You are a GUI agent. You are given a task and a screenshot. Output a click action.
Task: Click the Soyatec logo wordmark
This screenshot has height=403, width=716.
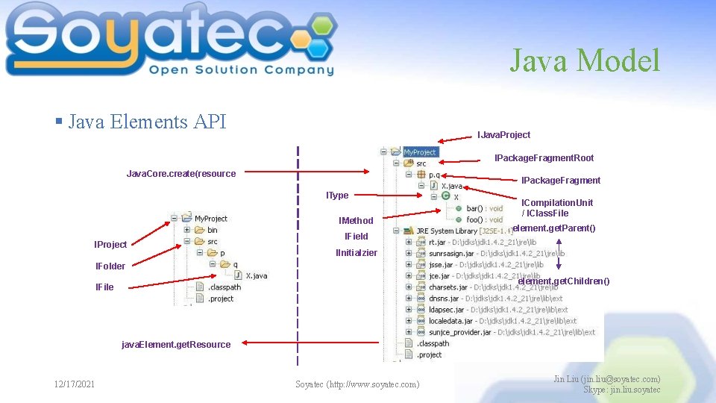(x=172, y=41)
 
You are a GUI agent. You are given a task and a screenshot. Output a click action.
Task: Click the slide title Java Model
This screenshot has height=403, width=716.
(x=585, y=60)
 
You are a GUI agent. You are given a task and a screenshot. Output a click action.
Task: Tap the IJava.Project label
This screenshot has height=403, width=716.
(x=503, y=135)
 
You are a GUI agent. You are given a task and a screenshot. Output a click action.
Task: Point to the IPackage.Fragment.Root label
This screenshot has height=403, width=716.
(x=544, y=158)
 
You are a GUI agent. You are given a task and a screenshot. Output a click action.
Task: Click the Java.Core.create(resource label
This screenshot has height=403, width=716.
(x=181, y=174)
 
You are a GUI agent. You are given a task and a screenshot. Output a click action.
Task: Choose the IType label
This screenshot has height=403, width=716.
(x=337, y=196)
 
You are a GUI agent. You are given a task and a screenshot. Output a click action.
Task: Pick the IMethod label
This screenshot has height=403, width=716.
(x=356, y=221)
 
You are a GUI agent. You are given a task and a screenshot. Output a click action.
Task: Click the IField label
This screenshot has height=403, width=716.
(x=357, y=237)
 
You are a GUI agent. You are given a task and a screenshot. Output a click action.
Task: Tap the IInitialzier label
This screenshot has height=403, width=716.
(x=357, y=253)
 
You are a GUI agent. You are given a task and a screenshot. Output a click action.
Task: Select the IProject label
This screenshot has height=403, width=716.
(x=110, y=245)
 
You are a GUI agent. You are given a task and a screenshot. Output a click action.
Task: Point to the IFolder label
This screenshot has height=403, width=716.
(x=110, y=266)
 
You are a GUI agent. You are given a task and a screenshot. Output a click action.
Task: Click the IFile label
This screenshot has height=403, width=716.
(x=105, y=287)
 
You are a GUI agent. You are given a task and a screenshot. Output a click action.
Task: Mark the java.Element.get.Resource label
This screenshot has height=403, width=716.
(x=176, y=345)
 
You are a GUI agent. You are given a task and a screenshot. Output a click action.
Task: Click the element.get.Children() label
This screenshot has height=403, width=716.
(x=564, y=281)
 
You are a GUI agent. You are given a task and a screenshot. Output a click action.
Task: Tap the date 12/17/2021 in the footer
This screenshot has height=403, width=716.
(x=75, y=384)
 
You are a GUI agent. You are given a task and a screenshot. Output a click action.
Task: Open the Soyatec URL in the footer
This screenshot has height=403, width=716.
(x=357, y=384)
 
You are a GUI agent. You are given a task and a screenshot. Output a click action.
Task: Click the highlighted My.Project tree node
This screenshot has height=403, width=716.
(x=420, y=152)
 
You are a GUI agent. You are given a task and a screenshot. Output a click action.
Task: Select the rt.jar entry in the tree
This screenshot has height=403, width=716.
(x=437, y=242)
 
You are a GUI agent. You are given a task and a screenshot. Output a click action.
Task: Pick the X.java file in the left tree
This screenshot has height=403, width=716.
(x=256, y=275)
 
